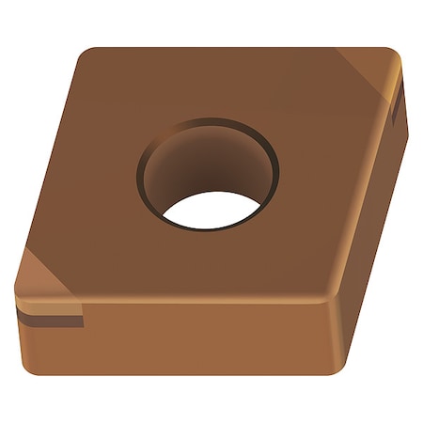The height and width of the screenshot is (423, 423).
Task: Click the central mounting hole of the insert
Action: (x=208, y=174)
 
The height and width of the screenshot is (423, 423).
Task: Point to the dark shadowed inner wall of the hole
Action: (x=193, y=160)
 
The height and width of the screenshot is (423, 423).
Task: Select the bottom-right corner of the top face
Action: (x=329, y=299)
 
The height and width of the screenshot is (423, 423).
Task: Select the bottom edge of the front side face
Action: (x=179, y=374)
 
